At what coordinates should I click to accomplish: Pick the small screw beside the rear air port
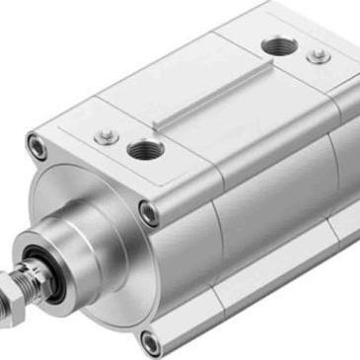coord(318,56)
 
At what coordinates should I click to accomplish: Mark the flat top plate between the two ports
coord(212,108)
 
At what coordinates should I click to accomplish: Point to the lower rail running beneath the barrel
coord(266,296)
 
